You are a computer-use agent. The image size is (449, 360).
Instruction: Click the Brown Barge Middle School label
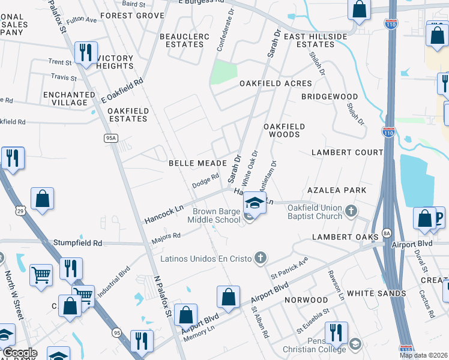pyautogui.click(x=216, y=215)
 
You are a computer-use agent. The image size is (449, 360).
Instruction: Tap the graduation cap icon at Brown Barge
pyautogui.click(x=255, y=204)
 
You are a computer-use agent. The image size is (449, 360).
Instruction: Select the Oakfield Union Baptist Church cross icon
pyautogui.click(x=352, y=211)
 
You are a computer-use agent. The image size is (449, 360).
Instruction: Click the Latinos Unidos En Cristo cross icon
pyautogui.click(x=259, y=258)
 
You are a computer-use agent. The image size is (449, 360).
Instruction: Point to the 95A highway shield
pyautogui.click(x=110, y=138)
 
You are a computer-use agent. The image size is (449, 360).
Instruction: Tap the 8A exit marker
pyautogui.click(x=387, y=232)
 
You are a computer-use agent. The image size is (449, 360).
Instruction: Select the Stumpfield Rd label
pyautogui.click(x=77, y=244)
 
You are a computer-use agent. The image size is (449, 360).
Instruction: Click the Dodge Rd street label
pyautogui.click(x=205, y=181)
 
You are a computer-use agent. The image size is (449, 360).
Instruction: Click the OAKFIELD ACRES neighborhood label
pyautogui.click(x=276, y=83)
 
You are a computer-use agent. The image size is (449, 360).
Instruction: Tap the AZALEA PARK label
pyautogui.click(x=337, y=190)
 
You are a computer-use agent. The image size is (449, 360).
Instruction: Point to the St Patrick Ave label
pyautogui.click(x=289, y=268)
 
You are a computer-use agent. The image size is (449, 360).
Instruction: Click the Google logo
pyautogui.click(x=20, y=353)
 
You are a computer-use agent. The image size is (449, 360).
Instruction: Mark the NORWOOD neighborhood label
pyautogui.click(x=306, y=299)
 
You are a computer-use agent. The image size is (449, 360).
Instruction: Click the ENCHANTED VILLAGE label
pyautogui.click(x=69, y=98)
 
